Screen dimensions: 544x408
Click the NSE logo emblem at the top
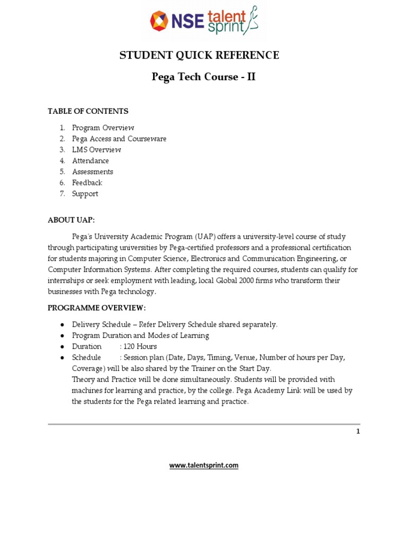(x=158, y=21)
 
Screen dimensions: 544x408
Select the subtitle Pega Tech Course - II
(x=203, y=76)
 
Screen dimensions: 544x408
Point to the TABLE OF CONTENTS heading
(x=88, y=111)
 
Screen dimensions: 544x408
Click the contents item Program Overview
(x=103, y=127)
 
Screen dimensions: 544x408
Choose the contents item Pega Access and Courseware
(x=119, y=139)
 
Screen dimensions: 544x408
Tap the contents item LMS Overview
(x=97, y=150)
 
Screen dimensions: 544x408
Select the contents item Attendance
(x=90, y=160)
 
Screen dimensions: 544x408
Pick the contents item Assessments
(x=92, y=172)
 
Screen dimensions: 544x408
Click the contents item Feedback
(x=87, y=183)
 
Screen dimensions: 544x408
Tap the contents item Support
(x=85, y=194)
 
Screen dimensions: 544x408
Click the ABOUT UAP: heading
(x=71, y=219)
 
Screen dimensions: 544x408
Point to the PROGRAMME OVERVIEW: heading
(x=97, y=308)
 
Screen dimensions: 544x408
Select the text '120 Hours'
(x=140, y=346)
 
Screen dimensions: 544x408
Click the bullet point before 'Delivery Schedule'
(x=62, y=325)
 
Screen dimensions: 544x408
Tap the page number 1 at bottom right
(x=358, y=431)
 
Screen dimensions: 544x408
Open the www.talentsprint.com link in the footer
(x=204, y=465)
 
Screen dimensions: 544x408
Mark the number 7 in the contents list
(x=62, y=194)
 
